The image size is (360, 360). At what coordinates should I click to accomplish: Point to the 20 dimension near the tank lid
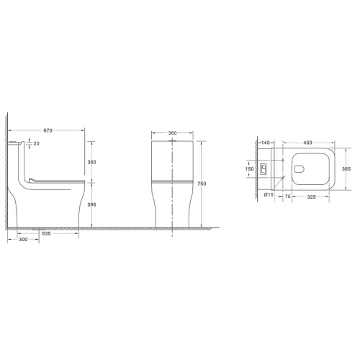tap(36, 143)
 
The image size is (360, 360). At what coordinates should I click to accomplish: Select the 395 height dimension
tap(91, 205)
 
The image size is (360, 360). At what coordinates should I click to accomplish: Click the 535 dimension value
tap(45, 235)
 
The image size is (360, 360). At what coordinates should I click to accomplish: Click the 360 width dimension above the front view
tap(174, 134)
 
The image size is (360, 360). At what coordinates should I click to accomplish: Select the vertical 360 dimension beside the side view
tap(91, 163)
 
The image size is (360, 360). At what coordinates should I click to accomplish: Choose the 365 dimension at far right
tap(345, 168)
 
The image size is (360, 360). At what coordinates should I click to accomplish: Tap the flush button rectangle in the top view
tap(265, 171)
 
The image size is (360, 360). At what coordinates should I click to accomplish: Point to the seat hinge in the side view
tap(32, 176)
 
